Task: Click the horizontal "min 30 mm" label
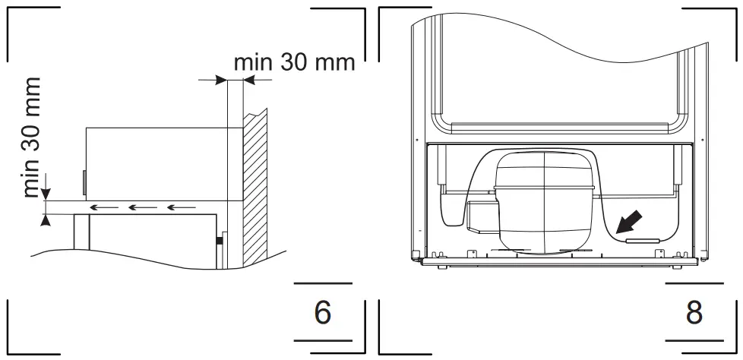coord(294,62)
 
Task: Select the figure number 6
coord(323,312)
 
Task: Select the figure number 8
coord(694,312)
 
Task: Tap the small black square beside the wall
coord(220,241)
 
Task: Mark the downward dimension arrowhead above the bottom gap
coord(46,194)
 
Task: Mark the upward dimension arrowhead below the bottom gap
coord(46,220)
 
